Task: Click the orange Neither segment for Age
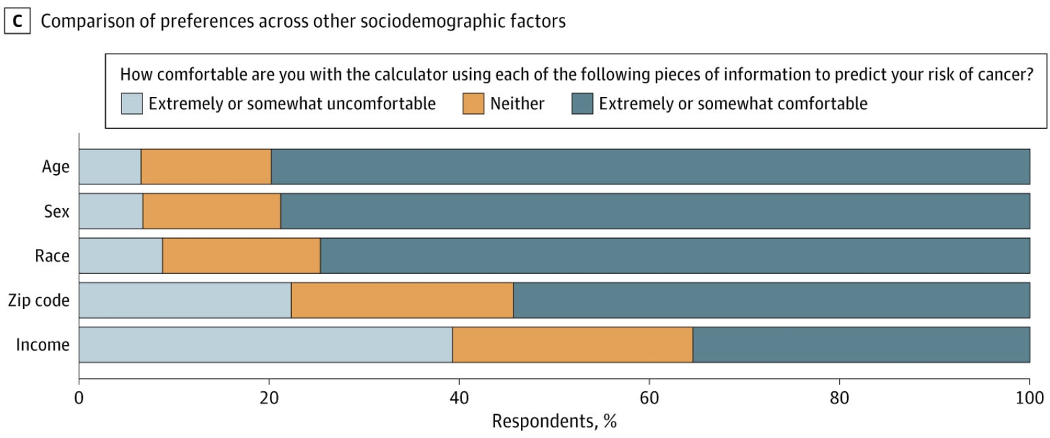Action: [x=206, y=167]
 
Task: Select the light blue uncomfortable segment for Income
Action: [x=265, y=344]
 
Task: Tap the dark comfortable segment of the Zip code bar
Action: [x=771, y=300]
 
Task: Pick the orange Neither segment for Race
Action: [x=241, y=256]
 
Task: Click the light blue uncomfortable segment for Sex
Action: [x=111, y=211]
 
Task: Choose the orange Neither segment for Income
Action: [x=572, y=344]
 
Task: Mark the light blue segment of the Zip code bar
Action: [x=184, y=300]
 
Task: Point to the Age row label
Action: [x=56, y=167]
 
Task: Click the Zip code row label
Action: [x=39, y=300]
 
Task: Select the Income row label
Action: [x=43, y=344]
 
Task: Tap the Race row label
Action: [x=52, y=256]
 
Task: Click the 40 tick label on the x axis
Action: [x=459, y=396]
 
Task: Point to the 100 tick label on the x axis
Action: [x=1029, y=396]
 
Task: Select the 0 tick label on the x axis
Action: [x=79, y=396]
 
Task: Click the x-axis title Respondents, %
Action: [x=554, y=421]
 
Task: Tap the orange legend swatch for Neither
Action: [x=473, y=104]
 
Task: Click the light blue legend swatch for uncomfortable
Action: [x=132, y=104]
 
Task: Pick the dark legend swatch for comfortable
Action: [x=582, y=104]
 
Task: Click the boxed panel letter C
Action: [x=17, y=21]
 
